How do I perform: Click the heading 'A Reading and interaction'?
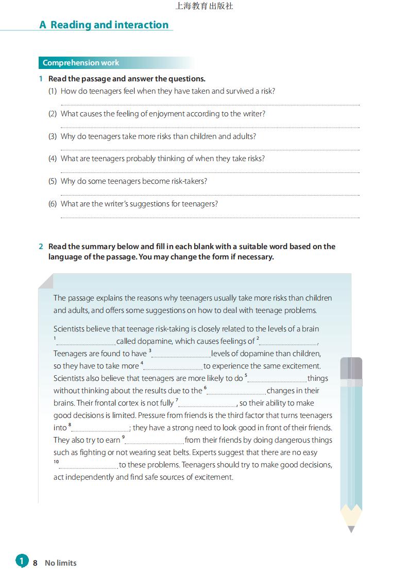point(104,25)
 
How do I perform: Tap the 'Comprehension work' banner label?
point(81,63)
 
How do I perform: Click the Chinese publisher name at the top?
point(204,6)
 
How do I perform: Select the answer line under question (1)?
point(210,104)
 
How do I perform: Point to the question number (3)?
point(53,136)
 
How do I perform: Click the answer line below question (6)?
point(210,217)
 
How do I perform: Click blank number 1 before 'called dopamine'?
point(86,343)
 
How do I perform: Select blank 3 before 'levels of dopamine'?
point(181,356)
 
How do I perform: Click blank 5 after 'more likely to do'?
point(277,380)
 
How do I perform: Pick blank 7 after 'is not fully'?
point(208,405)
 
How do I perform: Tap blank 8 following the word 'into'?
point(100,430)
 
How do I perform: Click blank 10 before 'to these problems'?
point(89,467)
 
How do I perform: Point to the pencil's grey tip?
point(351,529)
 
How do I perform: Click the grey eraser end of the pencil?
point(351,367)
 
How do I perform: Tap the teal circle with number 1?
point(22,561)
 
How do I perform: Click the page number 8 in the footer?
point(35,563)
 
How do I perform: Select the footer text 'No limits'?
point(61,563)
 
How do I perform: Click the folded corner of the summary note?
point(46,281)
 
